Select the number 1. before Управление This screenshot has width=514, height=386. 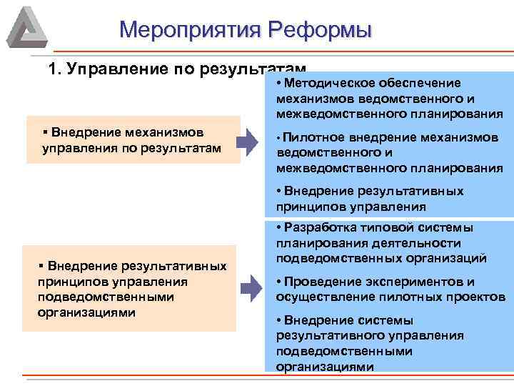[54, 69]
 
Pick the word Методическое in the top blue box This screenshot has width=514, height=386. [321, 84]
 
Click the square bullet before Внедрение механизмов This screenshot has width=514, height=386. [44, 132]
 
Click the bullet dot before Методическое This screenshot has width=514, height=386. [278, 84]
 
